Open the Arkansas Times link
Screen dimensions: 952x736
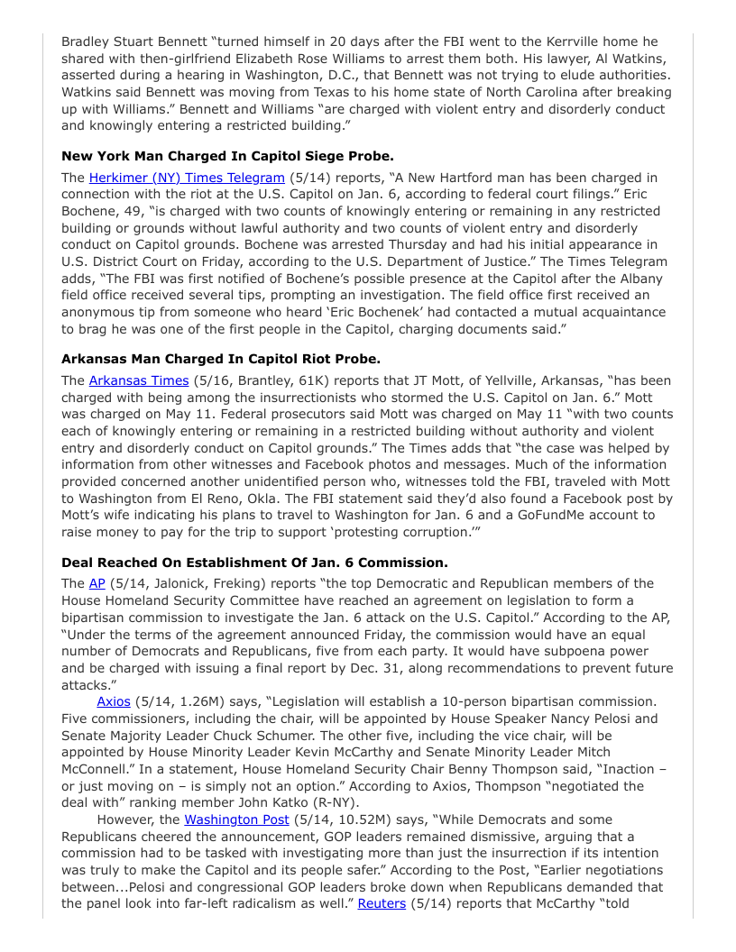(139, 380)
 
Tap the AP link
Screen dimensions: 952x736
(97, 583)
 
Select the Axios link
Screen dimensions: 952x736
(114, 700)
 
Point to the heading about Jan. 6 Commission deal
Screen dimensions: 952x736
(254, 562)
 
